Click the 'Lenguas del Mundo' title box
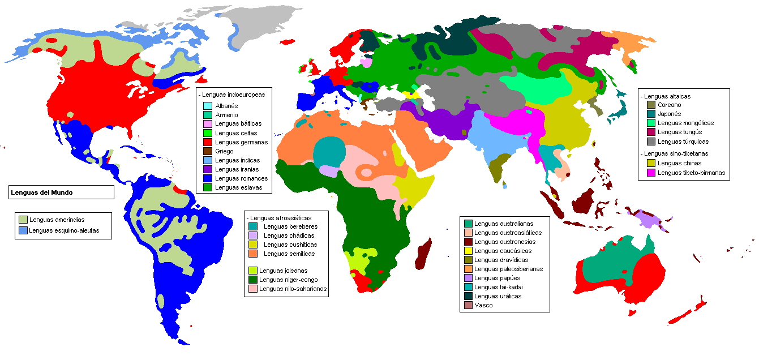(x=62, y=192)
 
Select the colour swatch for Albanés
(x=208, y=106)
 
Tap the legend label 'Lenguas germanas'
(x=242, y=142)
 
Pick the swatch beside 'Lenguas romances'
(x=208, y=178)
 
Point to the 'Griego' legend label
(x=224, y=151)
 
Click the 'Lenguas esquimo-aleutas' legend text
(x=64, y=230)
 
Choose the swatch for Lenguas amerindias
(x=23, y=220)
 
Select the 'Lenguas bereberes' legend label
(x=290, y=226)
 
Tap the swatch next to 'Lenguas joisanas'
(x=253, y=271)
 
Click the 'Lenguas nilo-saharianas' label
(x=293, y=289)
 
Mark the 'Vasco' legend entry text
(x=483, y=305)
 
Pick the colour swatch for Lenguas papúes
(x=468, y=278)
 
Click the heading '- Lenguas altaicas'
(x=665, y=96)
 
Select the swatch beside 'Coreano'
(x=651, y=105)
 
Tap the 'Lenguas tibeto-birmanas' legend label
(x=691, y=173)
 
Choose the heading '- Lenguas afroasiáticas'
(x=279, y=217)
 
